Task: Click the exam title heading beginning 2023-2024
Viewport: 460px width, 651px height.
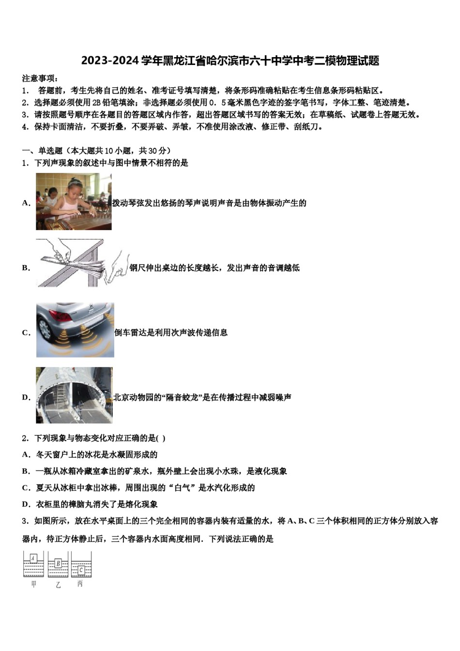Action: pos(230,61)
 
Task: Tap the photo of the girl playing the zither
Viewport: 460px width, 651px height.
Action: pos(74,201)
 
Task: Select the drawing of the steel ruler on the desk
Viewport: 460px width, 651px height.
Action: pos(80,263)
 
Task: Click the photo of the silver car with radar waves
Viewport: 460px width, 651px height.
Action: pos(75,330)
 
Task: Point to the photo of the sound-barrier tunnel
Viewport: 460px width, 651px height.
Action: pos(74,395)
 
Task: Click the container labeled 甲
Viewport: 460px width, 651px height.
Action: pos(34,565)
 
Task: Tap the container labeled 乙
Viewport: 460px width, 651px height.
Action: pos(58,566)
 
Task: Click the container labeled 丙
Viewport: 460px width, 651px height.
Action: pos(81,565)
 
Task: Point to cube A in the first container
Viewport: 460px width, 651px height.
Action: pos(33,558)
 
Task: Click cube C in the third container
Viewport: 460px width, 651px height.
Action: pos(81,571)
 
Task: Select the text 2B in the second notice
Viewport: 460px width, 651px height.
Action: pos(96,103)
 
